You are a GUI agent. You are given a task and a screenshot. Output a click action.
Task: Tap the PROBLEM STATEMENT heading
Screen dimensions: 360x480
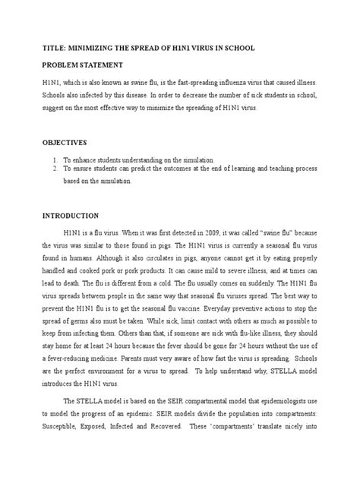[87, 66]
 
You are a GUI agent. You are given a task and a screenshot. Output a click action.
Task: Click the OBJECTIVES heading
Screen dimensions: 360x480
[65, 142]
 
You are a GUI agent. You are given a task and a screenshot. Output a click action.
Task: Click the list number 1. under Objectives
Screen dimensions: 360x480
[55, 160]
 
